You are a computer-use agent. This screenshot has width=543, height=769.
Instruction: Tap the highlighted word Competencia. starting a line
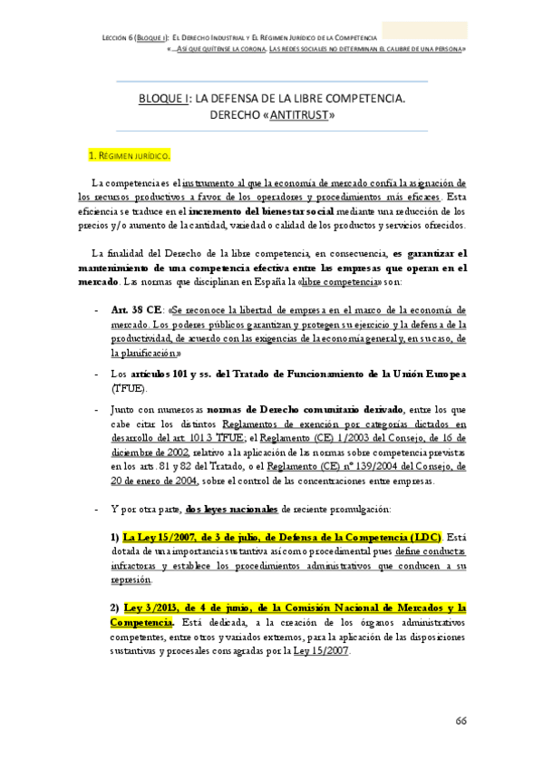pos(141,622)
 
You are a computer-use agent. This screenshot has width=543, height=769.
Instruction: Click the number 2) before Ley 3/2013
pos(115,608)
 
